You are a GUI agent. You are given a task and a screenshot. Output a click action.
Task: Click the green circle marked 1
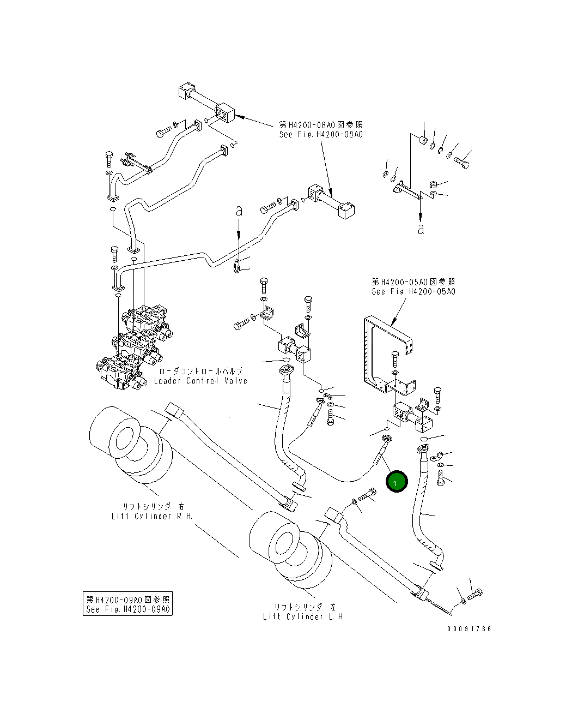(396, 482)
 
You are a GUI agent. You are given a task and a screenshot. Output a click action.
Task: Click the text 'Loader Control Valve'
(200, 381)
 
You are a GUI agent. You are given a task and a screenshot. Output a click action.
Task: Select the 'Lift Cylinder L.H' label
(303, 616)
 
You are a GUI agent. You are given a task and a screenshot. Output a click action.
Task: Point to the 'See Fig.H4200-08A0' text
(320, 134)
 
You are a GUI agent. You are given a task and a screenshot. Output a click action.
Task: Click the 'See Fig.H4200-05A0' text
(413, 291)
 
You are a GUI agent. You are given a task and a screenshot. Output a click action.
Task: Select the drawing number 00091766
(469, 628)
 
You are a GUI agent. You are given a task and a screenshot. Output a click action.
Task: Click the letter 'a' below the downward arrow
(420, 229)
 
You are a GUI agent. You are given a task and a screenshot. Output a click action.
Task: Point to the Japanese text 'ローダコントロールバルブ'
(200, 371)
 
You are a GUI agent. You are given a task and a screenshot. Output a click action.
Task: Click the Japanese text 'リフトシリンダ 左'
(303, 607)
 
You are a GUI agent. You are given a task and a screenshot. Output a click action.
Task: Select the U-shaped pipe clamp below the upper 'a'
(238, 268)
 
